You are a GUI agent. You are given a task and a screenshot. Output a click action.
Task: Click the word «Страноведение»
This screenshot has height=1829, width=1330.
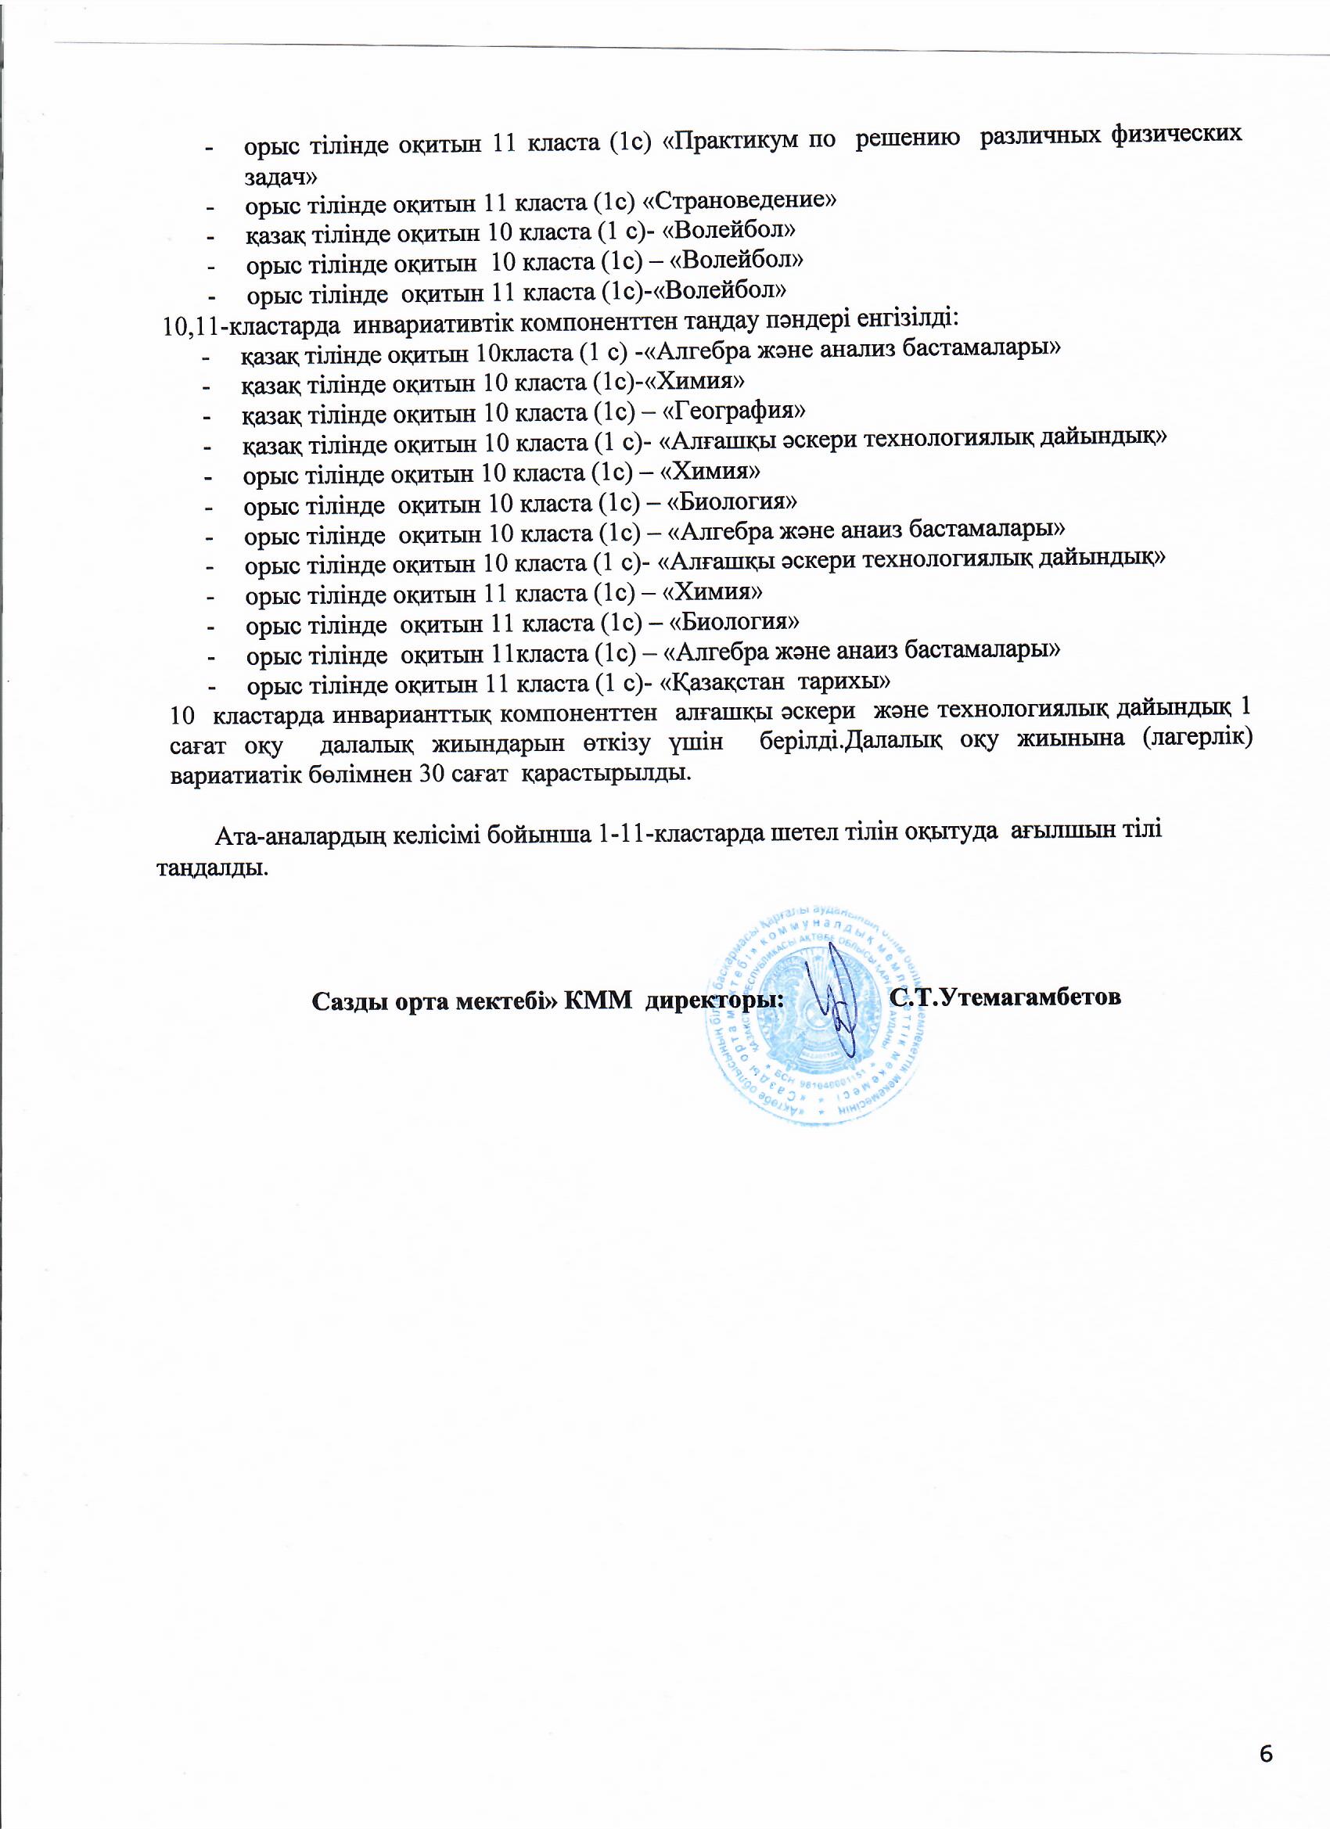tap(739, 200)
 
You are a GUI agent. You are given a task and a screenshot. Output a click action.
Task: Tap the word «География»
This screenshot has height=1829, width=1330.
tap(732, 411)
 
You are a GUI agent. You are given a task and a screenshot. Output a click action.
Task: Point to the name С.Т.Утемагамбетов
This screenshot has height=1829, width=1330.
tap(1006, 997)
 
